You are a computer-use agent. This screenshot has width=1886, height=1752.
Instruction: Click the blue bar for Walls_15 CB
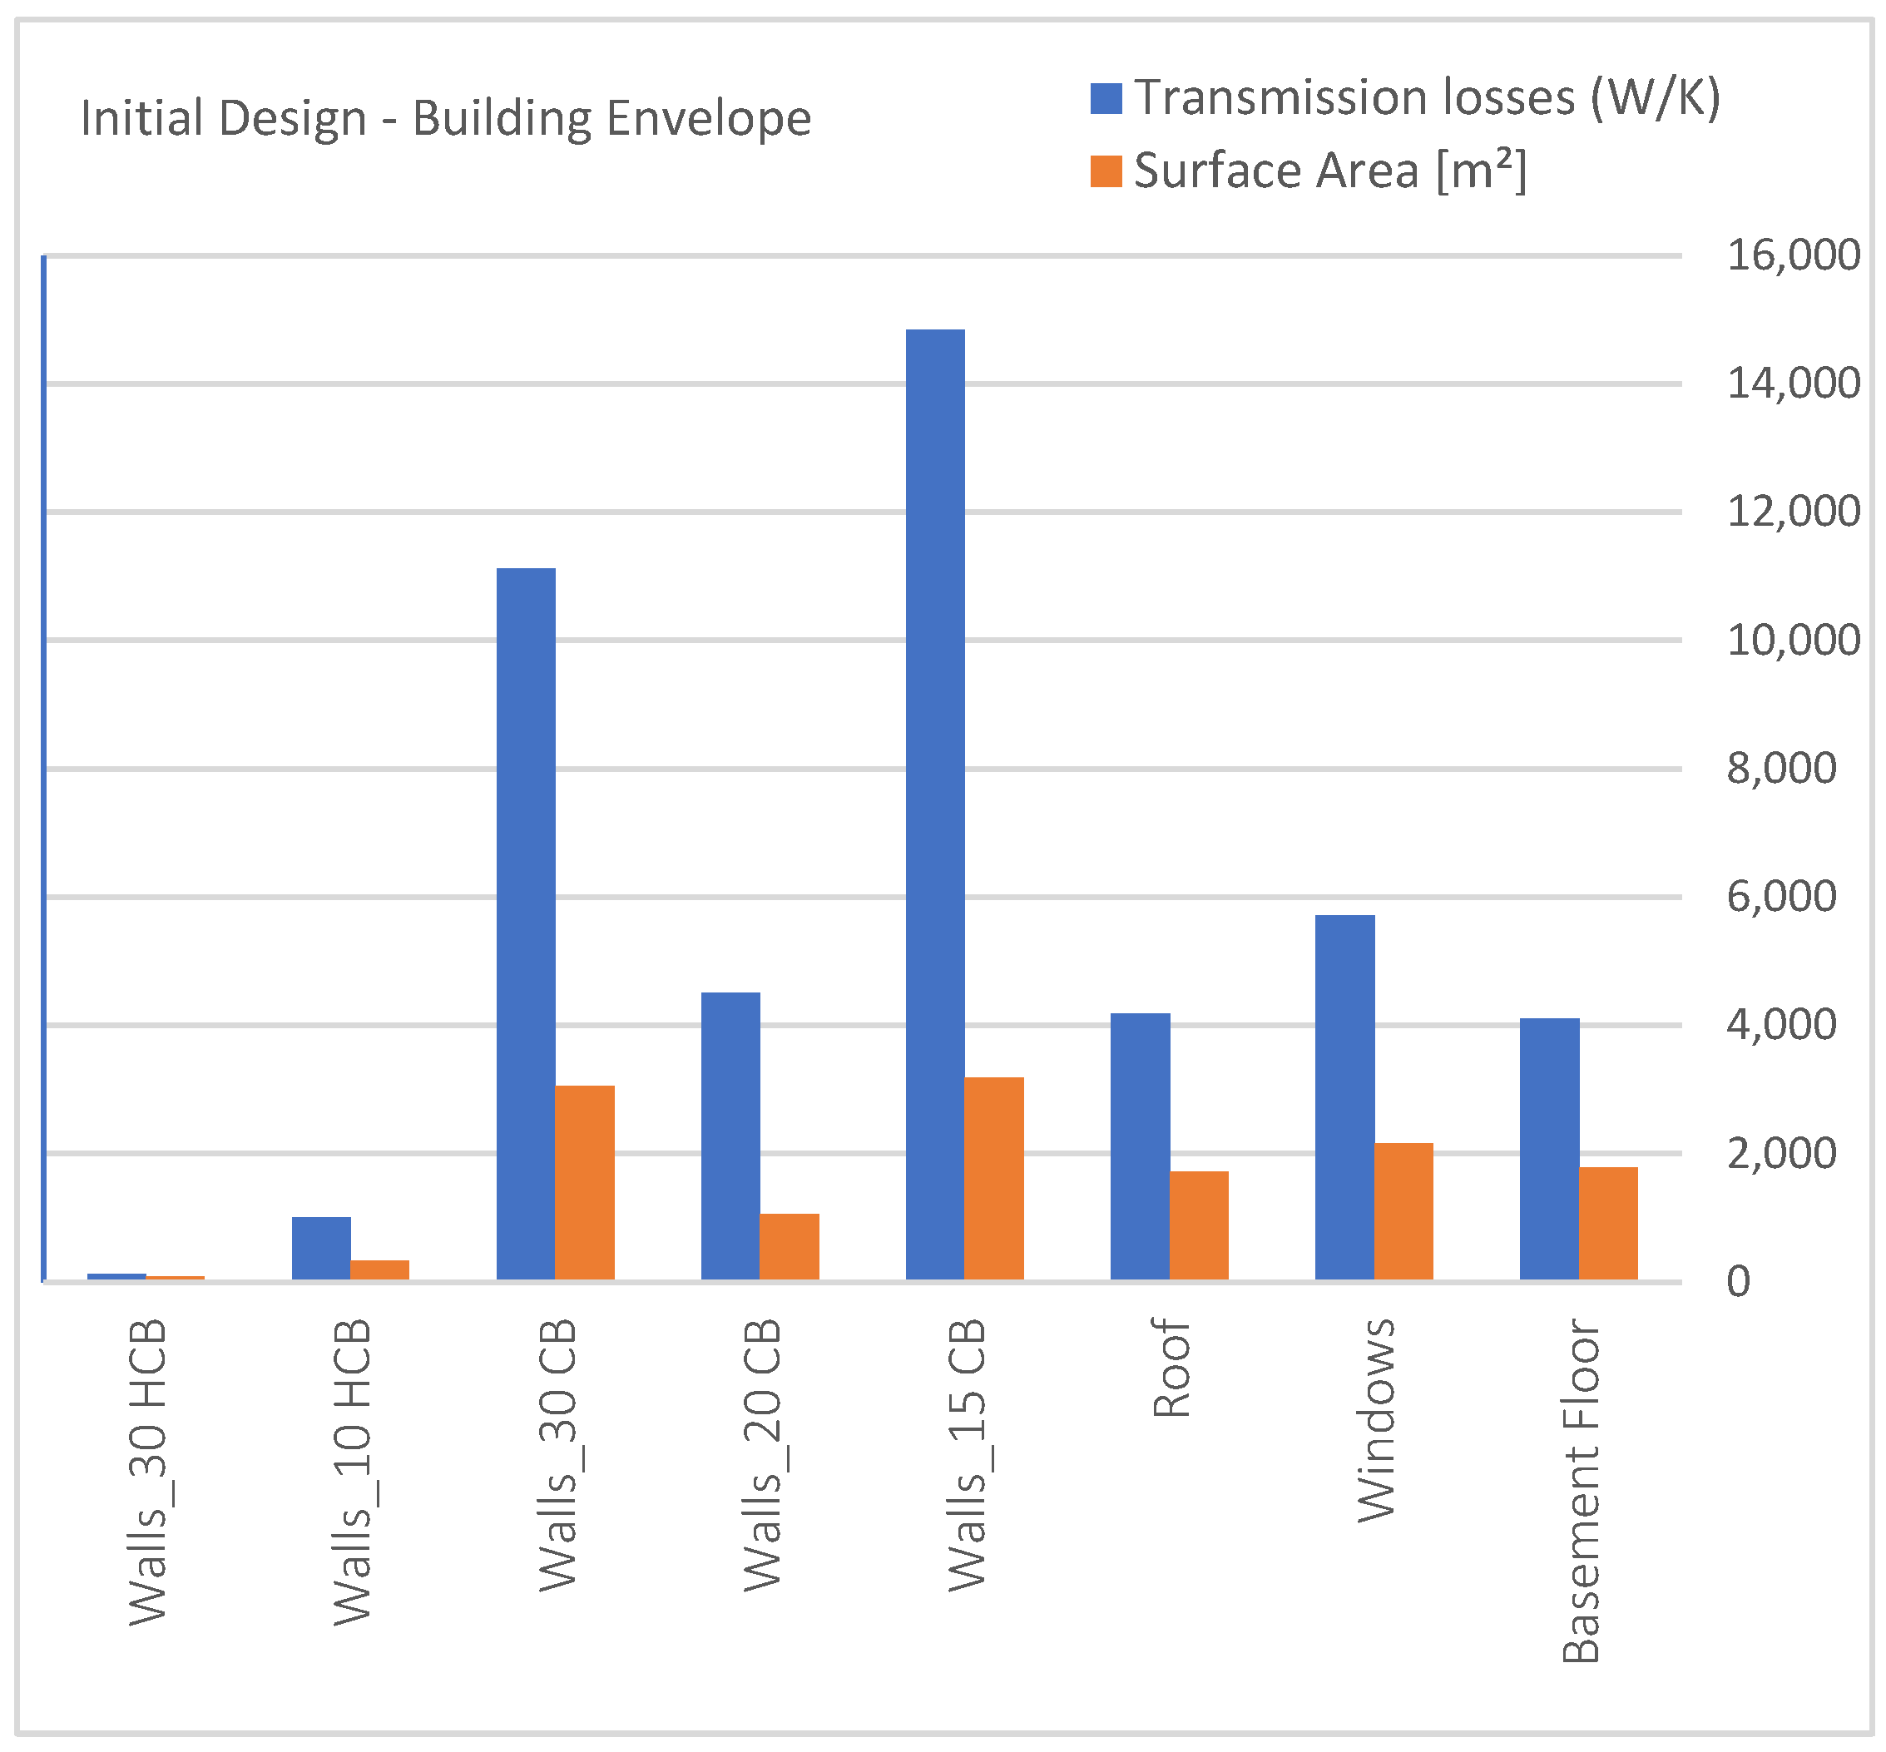[x=935, y=806]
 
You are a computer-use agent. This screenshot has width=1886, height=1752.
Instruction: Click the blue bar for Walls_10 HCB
[x=321, y=1249]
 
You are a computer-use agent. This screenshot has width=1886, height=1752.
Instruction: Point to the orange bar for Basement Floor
[x=1608, y=1224]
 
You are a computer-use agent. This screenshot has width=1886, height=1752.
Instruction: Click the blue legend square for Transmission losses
[x=1106, y=99]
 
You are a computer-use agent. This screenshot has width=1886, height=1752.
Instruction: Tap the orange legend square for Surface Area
[x=1106, y=171]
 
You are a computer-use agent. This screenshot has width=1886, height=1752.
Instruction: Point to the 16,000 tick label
[x=1792, y=256]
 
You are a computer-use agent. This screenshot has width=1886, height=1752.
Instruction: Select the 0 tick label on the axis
[x=1738, y=1282]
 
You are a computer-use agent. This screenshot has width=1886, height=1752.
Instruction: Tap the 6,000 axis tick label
[x=1780, y=897]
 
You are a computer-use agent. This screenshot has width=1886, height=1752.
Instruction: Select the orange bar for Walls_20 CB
[x=789, y=1247]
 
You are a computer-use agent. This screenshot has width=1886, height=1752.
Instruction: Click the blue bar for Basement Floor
[x=1549, y=1149]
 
